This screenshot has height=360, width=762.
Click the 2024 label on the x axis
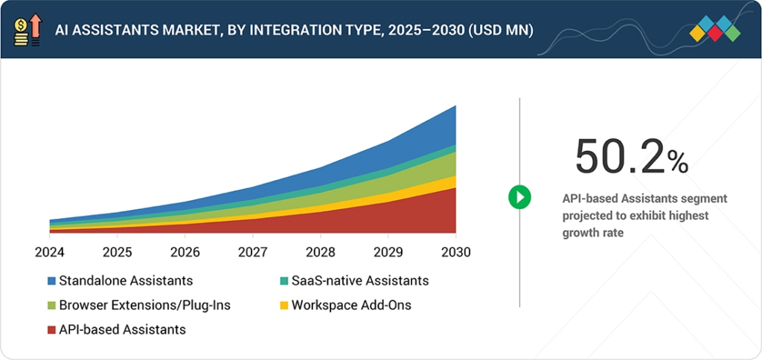point(50,253)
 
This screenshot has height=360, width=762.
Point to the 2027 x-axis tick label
point(252,253)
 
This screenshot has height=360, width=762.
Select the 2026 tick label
point(185,253)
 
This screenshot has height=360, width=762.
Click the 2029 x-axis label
point(388,253)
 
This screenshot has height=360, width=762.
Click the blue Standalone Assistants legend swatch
point(51,281)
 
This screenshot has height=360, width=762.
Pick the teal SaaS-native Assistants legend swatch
point(284,281)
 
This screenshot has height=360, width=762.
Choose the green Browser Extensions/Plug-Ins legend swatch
point(51,305)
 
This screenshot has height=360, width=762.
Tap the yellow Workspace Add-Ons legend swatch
point(284,305)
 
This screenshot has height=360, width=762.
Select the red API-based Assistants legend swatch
point(51,329)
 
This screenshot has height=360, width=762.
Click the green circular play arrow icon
point(519,197)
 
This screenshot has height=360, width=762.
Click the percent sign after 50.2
point(677,161)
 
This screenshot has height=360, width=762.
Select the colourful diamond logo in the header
point(714,30)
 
